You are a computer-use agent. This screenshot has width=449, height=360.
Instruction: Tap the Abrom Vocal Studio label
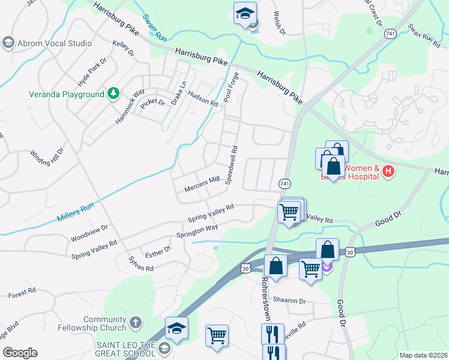coord(55,43)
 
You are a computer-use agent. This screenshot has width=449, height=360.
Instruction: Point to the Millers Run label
coord(76,212)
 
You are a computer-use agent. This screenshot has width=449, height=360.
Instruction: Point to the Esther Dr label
coord(158,251)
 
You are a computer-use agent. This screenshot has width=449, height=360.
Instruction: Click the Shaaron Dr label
coord(289,301)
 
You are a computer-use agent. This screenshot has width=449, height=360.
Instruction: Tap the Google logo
coord(20,353)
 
